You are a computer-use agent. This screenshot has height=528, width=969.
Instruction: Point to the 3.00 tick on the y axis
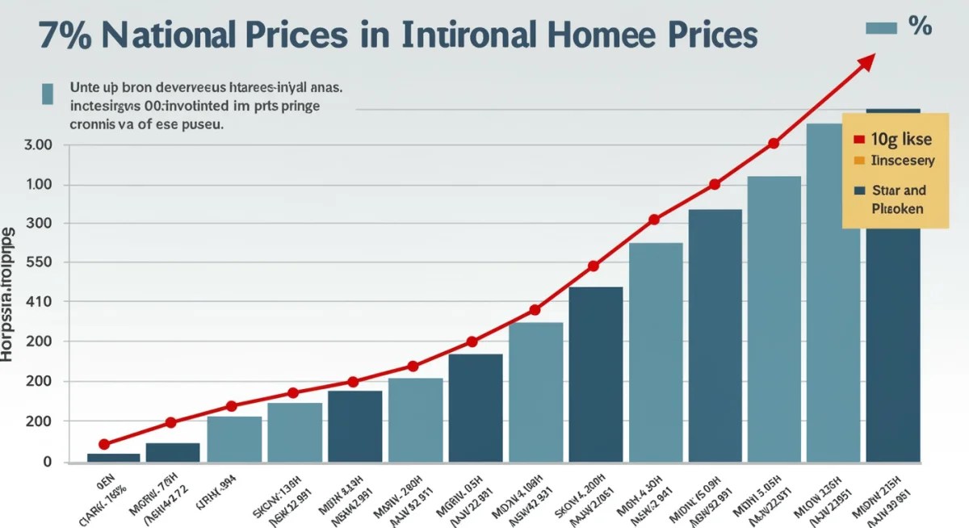tap(39, 145)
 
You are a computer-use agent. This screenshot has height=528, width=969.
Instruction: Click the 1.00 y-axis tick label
tap(39, 185)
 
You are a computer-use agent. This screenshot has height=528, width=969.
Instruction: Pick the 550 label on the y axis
tap(39, 263)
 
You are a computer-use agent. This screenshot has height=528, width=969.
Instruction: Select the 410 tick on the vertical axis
tap(39, 302)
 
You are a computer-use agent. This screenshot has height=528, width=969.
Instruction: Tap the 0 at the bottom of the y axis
tap(47, 462)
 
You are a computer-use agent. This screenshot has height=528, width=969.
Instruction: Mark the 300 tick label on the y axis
tap(39, 224)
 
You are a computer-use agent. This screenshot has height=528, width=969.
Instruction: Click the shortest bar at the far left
tap(113, 457)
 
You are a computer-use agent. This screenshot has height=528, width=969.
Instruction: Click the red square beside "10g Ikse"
tap(858, 140)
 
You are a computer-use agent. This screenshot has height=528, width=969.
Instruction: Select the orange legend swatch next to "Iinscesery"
tap(858, 161)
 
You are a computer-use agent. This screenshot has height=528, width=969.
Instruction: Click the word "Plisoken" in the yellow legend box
tap(897, 208)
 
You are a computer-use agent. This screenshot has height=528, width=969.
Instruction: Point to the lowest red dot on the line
tap(104, 444)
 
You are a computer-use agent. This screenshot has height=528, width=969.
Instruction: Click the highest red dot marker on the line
tap(774, 143)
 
